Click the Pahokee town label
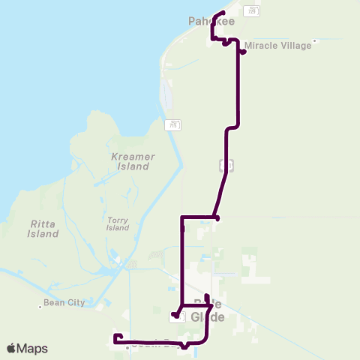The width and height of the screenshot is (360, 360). point(211,22)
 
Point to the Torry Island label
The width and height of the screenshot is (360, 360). point(118,223)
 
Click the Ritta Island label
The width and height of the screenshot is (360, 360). point(43,229)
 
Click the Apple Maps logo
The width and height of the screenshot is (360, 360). point(27,348)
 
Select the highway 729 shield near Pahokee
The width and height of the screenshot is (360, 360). point(255,10)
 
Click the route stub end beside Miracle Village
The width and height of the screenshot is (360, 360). point(244,52)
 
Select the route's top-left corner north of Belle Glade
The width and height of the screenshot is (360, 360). point(182,218)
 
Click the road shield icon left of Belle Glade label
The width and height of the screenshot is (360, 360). point(173,317)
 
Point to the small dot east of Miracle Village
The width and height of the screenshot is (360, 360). point(315,41)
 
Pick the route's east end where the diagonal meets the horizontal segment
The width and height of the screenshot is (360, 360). point(217,218)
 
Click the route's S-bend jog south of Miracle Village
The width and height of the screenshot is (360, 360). point(232,128)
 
